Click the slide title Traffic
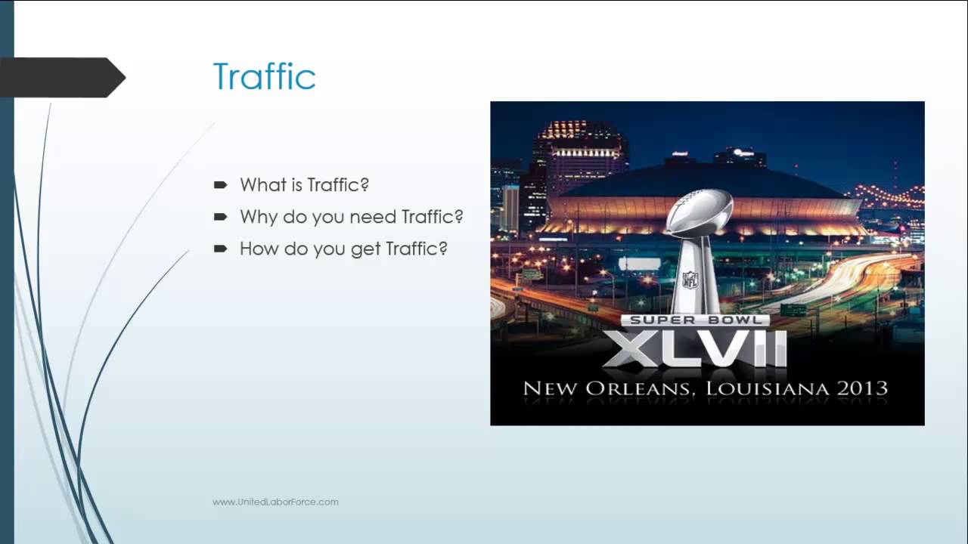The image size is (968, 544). [264, 76]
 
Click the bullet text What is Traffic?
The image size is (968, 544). [304, 185]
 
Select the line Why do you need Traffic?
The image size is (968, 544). [351, 217]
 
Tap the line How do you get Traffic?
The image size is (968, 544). [343, 249]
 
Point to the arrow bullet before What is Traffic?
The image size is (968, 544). [221, 184]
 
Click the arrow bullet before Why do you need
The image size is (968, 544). [221, 216]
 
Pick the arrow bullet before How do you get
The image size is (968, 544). [221, 248]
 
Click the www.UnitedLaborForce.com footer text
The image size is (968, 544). [275, 502]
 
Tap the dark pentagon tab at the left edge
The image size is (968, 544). [60, 77]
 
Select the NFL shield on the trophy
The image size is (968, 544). [690, 280]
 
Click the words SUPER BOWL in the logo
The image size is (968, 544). [695, 320]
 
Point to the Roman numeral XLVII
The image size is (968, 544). [695, 348]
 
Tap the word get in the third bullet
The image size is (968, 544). [365, 249]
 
